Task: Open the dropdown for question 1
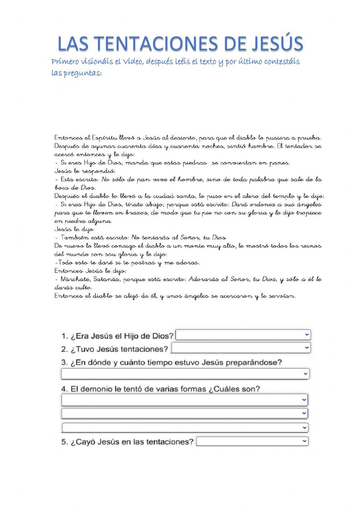pos(243,335)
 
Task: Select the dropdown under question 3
pos(185,374)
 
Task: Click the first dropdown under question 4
pos(184,400)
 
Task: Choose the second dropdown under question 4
pos(184,413)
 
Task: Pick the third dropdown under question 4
pos(185,428)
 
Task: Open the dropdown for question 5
pos(252,441)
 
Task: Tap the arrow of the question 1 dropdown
pos(306,335)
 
